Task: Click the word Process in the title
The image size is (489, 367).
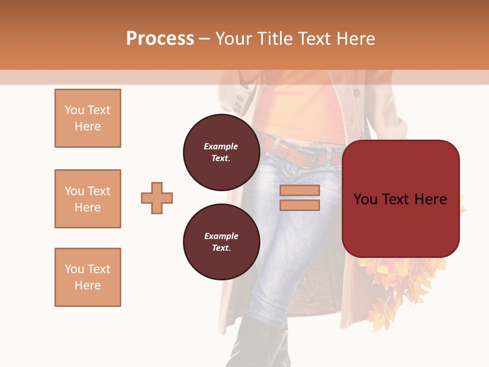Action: point(160,39)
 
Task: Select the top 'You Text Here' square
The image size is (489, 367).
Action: point(88,118)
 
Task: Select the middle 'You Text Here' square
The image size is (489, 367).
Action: point(88,199)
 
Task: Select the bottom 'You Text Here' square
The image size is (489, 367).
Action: point(88,277)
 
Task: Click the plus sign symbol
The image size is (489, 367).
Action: point(157,198)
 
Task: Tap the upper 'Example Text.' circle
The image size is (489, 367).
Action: point(221,152)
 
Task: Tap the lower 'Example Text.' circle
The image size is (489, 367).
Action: point(221,242)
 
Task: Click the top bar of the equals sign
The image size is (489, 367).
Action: point(300,191)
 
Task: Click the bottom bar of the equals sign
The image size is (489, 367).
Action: point(300,205)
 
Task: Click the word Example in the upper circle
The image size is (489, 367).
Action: point(221,146)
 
